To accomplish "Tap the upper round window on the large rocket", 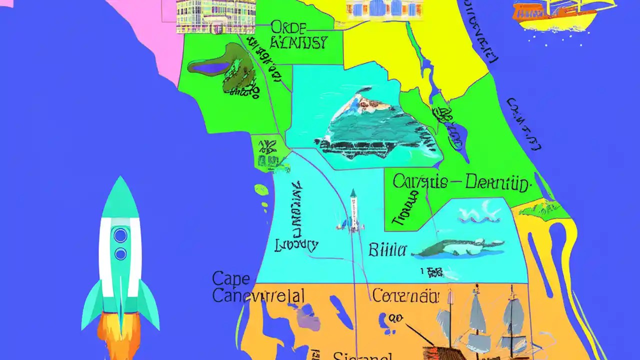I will (120, 235).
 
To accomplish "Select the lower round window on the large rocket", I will (120, 254).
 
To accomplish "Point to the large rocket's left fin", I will (92, 307).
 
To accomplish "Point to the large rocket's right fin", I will (148, 307).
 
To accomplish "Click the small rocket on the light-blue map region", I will (353, 211).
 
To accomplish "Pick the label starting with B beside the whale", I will (387, 249).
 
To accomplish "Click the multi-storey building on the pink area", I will (216, 15).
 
